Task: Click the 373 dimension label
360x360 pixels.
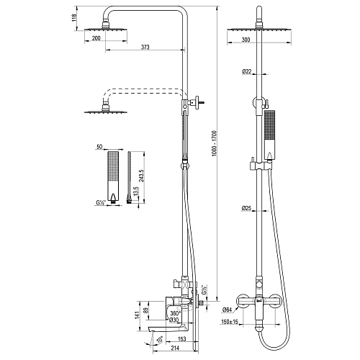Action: click(x=145, y=47)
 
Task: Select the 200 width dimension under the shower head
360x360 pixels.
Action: click(x=96, y=38)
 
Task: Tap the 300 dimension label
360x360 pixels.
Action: click(x=246, y=40)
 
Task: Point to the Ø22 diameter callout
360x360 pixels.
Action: click(x=246, y=71)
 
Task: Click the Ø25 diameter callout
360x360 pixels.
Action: click(x=246, y=208)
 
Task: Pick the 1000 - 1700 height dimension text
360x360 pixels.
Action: click(x=215, y=143)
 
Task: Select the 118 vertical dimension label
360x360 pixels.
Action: click(x=74, y=18)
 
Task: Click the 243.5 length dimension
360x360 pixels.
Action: click(x=141, y=176)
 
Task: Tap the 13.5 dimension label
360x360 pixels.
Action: click(x=135, y=192)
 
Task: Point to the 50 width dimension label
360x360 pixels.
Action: click(x=99, y=147)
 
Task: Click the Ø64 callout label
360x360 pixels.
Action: click(x=227, y=310)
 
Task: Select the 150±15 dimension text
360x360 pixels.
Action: click(x=229, y=322)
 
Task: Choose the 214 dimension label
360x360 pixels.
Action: click(x=176, y=348)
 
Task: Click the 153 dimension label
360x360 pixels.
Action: click(x=182, y=339)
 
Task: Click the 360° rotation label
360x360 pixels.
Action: click(x=175, y=313)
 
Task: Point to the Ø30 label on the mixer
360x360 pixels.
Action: click(x=174, y=320)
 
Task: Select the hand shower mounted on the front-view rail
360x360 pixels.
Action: click(x=269, y=135)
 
